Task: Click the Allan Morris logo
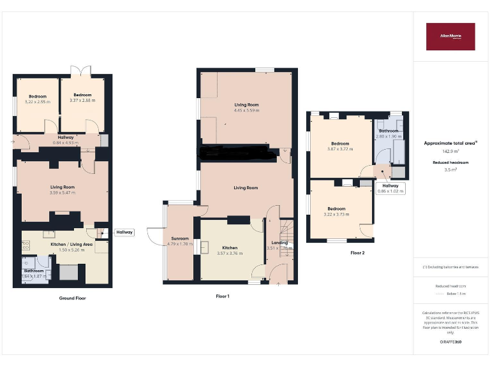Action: coord(450,36)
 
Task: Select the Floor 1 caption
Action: coord(223,296)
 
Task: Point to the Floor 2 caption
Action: coord(357,253)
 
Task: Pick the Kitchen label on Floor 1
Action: coord(230,247)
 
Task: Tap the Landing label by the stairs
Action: coord(279,242)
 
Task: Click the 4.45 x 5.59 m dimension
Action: coord(246,110)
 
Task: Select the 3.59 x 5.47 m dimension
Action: coord(63,192)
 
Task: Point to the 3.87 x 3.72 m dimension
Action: coord(340,148)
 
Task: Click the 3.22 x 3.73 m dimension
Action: coord(337,215)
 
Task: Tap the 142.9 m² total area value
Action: coord(450,152)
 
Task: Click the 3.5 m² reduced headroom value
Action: coord(450,170)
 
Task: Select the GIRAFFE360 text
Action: coord(450,342)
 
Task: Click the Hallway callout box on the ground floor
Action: coord(124,232)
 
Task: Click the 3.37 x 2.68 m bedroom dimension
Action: coord(82,100)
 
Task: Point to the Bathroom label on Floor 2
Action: coord(388,131)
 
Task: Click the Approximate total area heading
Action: coord(450,143)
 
